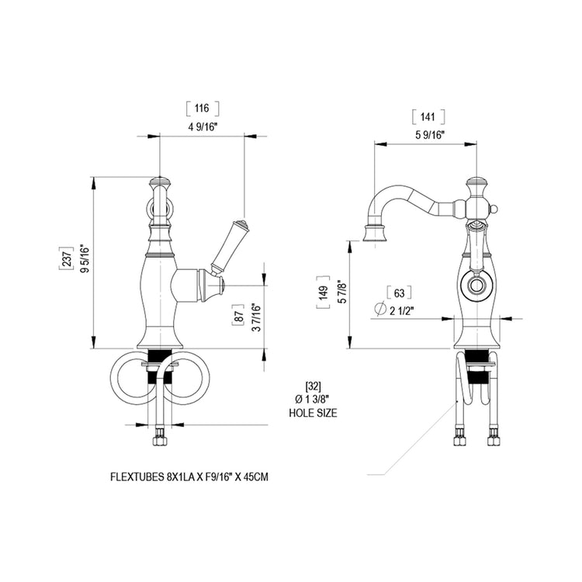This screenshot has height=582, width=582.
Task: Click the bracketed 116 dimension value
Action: tap(203, 109)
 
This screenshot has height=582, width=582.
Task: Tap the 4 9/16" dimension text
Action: tap(203, 127)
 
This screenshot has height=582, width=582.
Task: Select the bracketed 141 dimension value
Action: tap(428, 117)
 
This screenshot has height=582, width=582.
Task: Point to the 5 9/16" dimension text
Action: tap(430, 135)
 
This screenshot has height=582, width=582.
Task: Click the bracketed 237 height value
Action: tap(66, 258)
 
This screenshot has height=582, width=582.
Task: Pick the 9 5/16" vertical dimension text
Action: tap(85, 258)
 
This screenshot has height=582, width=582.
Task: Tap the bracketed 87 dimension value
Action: tap(238, 316)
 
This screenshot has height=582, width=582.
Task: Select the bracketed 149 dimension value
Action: tap(323, 293)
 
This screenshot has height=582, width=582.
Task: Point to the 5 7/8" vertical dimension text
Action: tap(342, 293)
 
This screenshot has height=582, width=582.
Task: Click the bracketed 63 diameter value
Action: tap(399, 293)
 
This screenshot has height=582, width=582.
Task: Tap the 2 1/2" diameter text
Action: tap(402, 310)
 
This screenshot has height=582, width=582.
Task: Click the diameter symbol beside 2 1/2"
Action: tap(380, 308)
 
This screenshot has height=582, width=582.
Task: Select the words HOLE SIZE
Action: tap(314, 413)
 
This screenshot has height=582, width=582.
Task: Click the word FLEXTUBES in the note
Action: tap(137, 477)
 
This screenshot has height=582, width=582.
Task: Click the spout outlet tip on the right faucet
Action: tap(375, 233)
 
